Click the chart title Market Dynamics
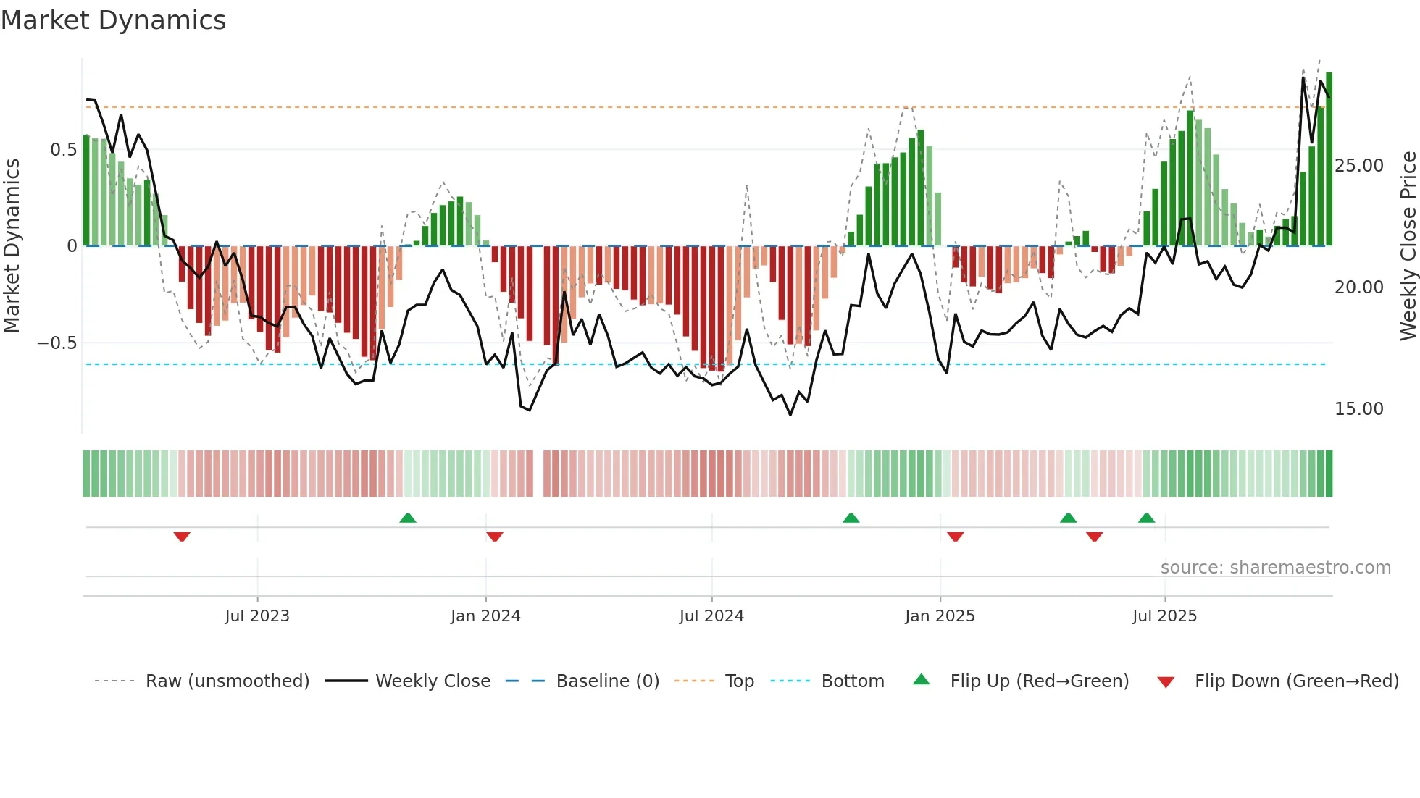114,20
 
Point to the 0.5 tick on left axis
63,150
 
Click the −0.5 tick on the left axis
57,343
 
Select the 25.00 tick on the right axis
1359,166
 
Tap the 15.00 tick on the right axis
1359,409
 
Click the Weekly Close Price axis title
1408,246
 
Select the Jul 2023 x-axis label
257,616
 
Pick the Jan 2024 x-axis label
485,616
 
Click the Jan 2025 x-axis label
940,616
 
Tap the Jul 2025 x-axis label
1165,616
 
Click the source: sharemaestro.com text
1275,568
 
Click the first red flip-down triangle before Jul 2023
182,537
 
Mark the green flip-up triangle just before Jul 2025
1146,518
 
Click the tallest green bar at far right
1329,159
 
